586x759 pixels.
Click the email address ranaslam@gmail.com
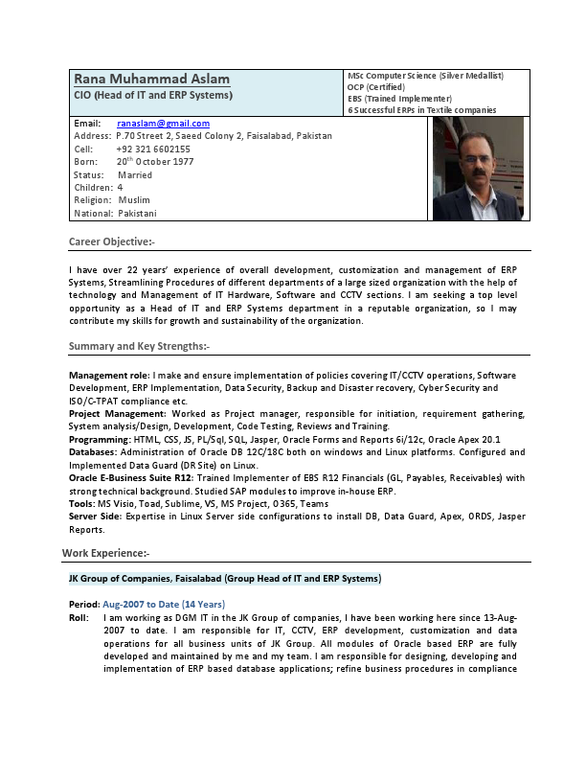[163, 124]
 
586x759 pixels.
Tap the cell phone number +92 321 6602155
[153, 149]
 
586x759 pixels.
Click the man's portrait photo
[478, 169]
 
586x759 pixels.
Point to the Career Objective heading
[111, 241]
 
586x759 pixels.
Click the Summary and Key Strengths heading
[139, 345]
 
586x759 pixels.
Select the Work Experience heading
[105, 553]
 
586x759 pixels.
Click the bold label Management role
[108, 375]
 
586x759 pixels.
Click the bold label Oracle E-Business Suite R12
[131, 477]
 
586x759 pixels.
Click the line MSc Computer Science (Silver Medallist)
[425, 75]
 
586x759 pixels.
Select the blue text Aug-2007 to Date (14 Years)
[163, 604]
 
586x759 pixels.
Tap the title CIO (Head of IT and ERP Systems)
[152, 96]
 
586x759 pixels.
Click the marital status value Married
[135, 175]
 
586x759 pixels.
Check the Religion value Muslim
[134, 200]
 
